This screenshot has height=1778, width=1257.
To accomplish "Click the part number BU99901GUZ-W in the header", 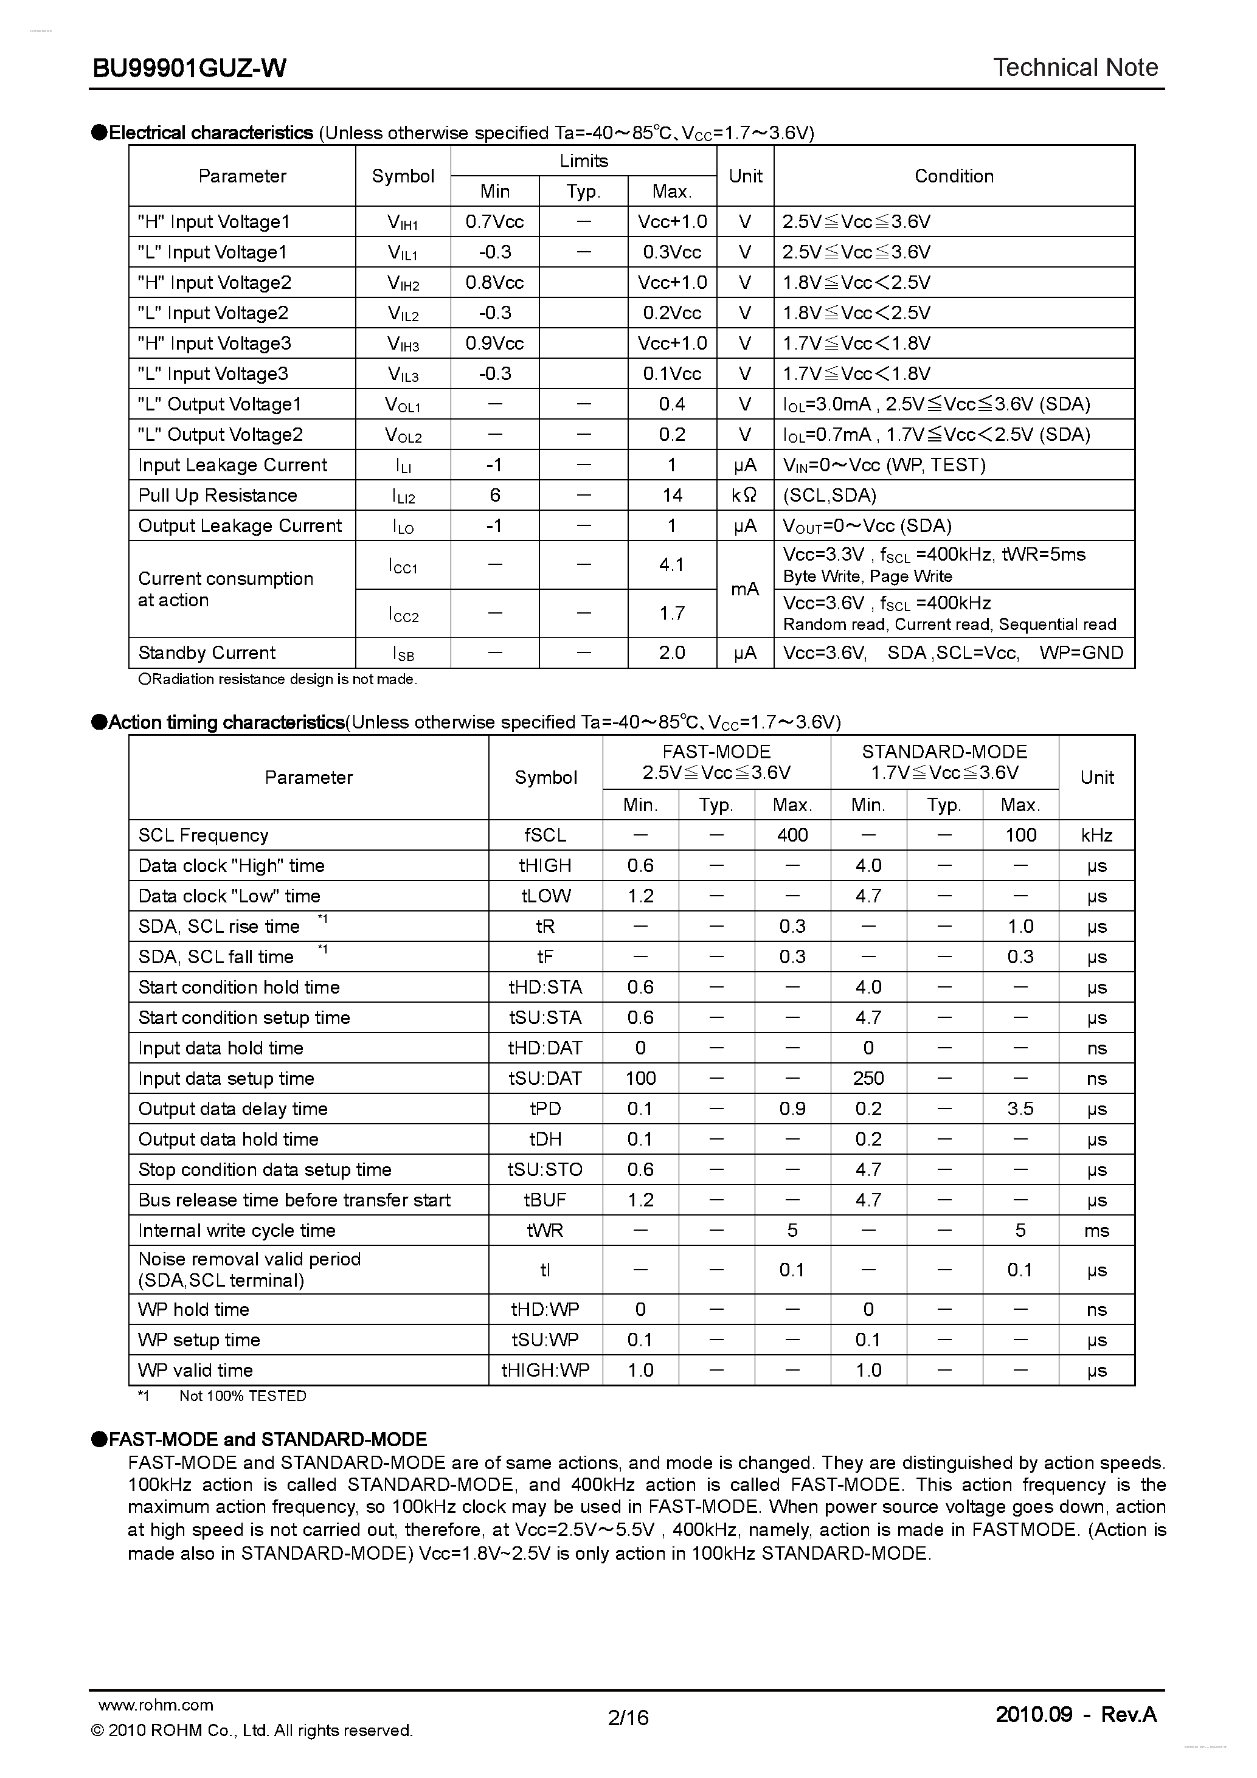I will click(190, 69).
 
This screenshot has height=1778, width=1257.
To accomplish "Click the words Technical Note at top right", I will click(1075, 68).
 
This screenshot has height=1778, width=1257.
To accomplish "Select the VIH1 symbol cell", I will click(403, 223).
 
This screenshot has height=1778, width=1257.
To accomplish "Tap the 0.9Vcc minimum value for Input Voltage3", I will click(494, 343).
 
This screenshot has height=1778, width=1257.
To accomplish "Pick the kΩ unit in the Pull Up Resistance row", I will click(744, 495).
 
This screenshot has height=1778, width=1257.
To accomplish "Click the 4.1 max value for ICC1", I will click(671, 564).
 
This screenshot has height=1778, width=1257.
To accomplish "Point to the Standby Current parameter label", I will click(207, 653).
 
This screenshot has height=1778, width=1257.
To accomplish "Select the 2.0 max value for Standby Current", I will click(671, 653).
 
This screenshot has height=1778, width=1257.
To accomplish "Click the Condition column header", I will click(954, 176).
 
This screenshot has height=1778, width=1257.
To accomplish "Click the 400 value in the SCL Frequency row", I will click(792, 835).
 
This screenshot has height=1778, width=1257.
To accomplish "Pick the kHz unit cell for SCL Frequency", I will click(1096, 835).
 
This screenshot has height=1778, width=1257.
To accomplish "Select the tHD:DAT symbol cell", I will click(545, 1048).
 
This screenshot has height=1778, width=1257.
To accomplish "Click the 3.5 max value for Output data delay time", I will click(1020, 1109).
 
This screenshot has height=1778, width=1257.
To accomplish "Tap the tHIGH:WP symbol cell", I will click(545, 1370).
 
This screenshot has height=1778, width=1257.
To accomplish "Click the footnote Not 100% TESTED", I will click(243, 1396).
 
